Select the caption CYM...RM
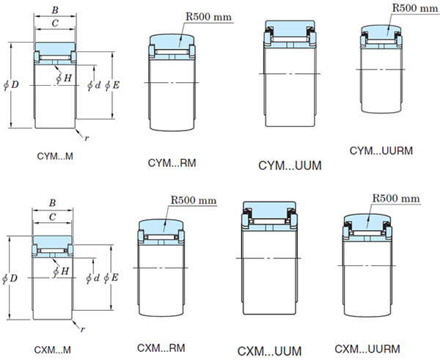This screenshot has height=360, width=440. pos(172,163)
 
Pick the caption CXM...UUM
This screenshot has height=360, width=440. pos(270,350)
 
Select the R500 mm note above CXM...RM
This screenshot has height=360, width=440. pos(194,199)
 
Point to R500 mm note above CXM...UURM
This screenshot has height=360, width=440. pos(396,198)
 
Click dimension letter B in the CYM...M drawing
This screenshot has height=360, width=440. pos(55,10)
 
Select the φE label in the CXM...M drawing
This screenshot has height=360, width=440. pos(111,277)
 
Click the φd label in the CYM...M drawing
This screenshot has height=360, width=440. pos(93,86)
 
